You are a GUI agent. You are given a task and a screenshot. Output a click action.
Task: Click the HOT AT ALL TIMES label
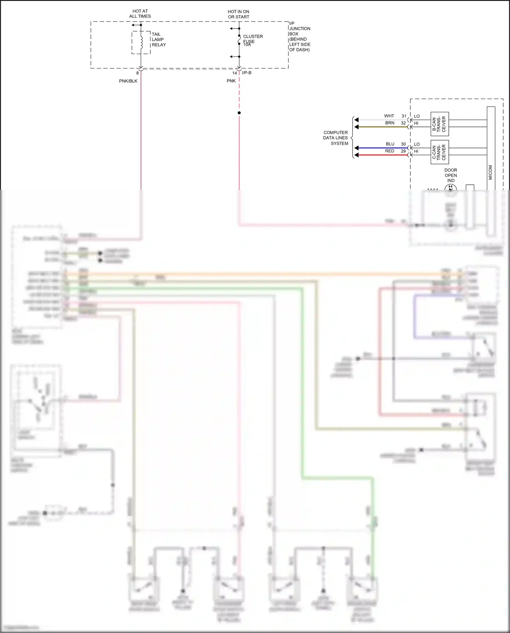click(x=140, y=14)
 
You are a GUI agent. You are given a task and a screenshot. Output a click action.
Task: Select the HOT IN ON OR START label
click(x=238, y=14)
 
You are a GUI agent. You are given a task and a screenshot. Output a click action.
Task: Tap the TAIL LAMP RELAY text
click(x=158, y=39)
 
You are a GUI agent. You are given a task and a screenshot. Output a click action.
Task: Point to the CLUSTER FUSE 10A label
click(x=252, y=40)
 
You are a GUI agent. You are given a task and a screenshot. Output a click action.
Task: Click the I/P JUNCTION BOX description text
click(x=299, y=37)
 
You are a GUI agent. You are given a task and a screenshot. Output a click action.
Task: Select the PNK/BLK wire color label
click(x=128, y=81)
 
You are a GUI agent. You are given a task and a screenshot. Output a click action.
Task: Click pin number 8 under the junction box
click(x=137, y=73)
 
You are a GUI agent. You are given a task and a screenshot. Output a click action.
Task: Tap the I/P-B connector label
click(x=247, y=73)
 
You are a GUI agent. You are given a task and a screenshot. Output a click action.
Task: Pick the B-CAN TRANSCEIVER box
click(x=439, y=124)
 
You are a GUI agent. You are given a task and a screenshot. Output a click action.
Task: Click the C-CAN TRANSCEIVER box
click(x=439, y=152)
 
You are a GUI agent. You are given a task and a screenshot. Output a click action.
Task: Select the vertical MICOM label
click(x=490, y=172)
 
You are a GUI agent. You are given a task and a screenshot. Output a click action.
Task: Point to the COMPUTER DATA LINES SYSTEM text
click(x=336, y=138)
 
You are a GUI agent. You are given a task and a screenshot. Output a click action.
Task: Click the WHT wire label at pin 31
click(x=389, y=116)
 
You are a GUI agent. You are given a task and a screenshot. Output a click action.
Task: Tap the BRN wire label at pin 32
click(x=390, y=123)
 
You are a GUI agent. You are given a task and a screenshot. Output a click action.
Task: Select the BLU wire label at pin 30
click(x=390, y=144)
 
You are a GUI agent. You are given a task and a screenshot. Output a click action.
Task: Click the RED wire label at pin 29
click(x=390, y=151)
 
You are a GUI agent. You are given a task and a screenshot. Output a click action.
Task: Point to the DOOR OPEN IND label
click(x=451, y=175)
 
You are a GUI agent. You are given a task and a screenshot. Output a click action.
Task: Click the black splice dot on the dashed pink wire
click(x=239, y=113)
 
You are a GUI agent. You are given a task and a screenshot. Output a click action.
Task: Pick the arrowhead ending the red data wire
click(x=356, y=155)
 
